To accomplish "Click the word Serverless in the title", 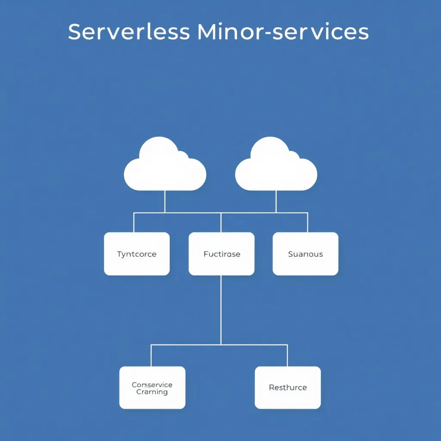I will pyautogui.click(x=129, y=32).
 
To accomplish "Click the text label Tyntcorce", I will pyautogui.click(x=137, y=254).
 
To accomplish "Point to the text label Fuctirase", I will pyautogui.click(x=222, y=254).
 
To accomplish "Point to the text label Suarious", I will pyautogui.click(x=305, y=254).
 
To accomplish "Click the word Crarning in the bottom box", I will pyautogui.click(x=152, y=392).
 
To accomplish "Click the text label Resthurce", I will pyautogui.click(x=288, y=388).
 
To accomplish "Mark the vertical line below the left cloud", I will pyautogui.click(x=165, y=201).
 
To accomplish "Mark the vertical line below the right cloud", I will pyautogui.click(x=276, y=201).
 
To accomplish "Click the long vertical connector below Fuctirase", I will pyautogui.click(x=221, y=310).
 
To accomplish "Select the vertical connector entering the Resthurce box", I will pyautogui.click(x=287, y=355).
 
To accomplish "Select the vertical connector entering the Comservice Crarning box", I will pyautogui.click(x=151, y=355).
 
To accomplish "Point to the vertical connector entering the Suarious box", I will pyautogui.click(x=307, y=222).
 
